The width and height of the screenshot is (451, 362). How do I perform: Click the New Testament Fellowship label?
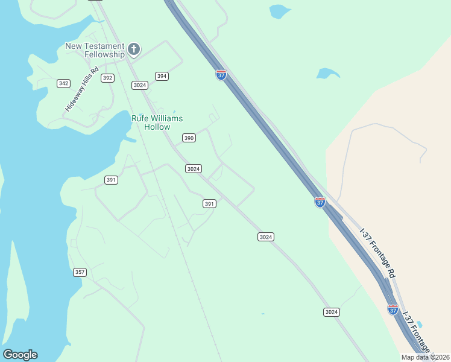(x=95, y=50)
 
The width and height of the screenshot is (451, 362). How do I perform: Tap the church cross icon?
(x=134, y=49)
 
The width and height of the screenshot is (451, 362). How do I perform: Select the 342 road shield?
(x=63, y=83)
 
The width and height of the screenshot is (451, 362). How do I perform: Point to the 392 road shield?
(x=107, y=78)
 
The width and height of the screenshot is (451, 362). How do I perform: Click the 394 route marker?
(x=162, y=76)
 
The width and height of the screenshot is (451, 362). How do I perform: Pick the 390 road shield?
(x=189, y=138)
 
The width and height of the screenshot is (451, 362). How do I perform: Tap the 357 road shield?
(x=80, y=272)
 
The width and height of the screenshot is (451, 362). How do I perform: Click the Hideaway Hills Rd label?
(x=82, y=92)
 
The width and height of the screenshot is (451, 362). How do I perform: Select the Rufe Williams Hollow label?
(x=157, y=122)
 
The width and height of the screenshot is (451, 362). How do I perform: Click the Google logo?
(x=20, y=355)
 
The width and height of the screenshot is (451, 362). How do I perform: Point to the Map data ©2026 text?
(x=426, y=357)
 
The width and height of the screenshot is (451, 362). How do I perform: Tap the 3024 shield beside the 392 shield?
(x=140, y=85)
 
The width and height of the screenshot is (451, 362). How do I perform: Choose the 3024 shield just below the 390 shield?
(x=193, y=169)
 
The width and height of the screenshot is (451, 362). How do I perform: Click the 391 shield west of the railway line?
(x=111, y=180)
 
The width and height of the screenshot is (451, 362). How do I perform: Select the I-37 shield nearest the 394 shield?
(x=221, y=75)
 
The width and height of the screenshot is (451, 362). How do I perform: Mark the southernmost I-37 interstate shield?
(x=393, y=310)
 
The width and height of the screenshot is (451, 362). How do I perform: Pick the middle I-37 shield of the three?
(x=320, y=202)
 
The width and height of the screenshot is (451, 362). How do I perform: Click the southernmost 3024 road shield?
(x=331, y=312)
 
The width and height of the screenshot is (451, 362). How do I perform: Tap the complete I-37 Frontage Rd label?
(x=378, y=252)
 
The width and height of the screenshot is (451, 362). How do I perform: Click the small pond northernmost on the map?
(x=279, y=11)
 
